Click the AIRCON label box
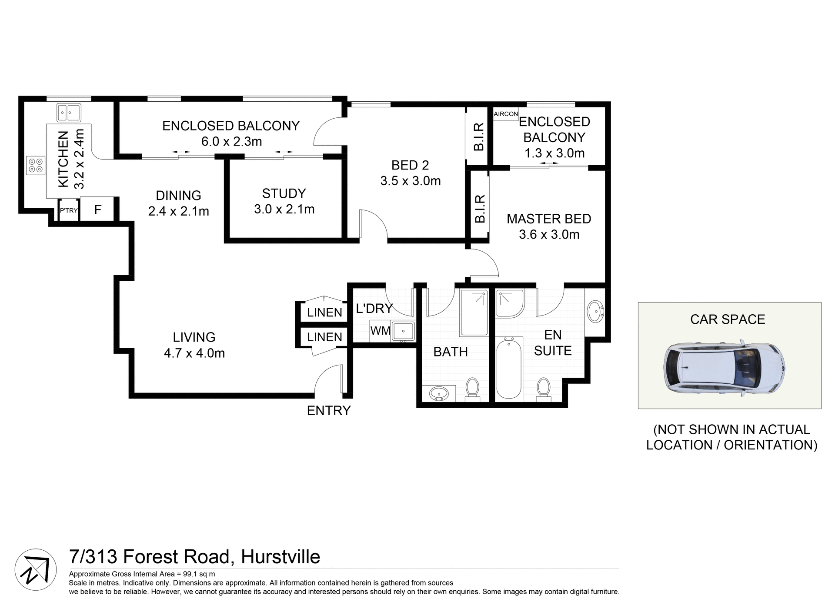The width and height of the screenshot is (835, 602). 506,114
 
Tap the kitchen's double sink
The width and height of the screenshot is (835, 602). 69,113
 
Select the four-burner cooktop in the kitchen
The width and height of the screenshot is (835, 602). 36,165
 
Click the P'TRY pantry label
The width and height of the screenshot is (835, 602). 69,211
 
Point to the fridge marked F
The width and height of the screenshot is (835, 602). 98,210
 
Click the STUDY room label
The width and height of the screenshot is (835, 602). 284,193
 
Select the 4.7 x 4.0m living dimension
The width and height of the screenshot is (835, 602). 194,353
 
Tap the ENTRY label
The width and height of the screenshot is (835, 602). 329,410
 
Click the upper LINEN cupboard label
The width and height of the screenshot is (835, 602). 324,312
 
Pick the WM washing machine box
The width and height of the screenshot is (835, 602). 380,331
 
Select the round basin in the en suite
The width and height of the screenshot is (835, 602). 595,312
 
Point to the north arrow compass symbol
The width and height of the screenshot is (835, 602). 36,569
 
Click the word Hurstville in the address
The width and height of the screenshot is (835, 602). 281,557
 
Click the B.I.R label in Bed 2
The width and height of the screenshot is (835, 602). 478,136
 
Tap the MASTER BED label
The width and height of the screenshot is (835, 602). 549,219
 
